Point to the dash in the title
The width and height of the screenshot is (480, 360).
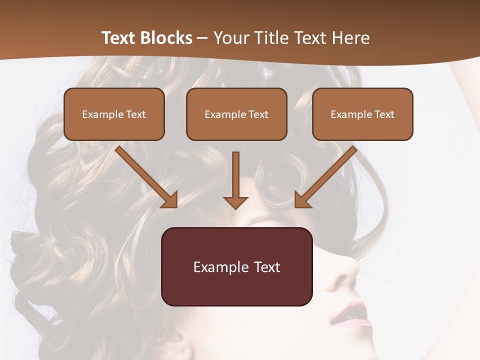click(202, 38)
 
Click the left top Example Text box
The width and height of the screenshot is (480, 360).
click(114, 114)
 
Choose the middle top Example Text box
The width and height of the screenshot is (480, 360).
click(236, 114)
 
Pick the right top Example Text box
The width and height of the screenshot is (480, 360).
click(362, 114)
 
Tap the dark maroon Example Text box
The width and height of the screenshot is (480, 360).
click(236, 266)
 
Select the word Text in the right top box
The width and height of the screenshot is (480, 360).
click(384, 114)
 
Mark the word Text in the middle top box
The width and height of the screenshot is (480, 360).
click(258, 114)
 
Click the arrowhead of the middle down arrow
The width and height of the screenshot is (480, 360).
click(235, 202)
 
